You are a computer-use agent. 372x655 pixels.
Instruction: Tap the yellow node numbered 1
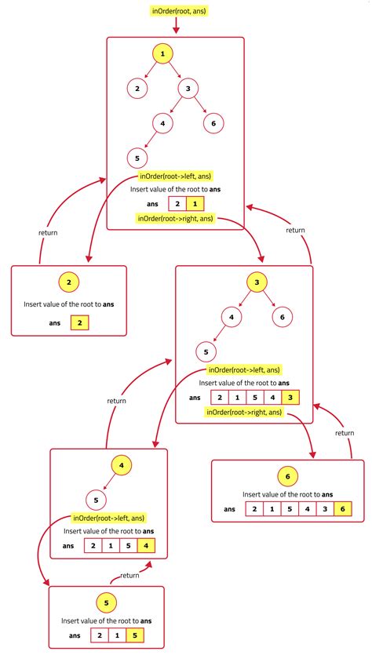162,54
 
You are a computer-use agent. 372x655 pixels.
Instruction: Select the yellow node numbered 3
255,283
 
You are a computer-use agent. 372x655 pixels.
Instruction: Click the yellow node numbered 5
106,602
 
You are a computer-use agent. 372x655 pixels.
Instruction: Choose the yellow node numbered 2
68,283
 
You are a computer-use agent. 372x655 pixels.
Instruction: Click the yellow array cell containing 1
196,204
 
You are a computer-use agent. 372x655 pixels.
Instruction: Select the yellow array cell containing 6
342,510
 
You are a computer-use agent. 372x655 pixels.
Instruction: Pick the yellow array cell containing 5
137,635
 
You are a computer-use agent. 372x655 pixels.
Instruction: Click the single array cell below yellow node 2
79,322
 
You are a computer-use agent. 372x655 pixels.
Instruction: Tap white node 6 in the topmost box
213,122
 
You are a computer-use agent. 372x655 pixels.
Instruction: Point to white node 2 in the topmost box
137,89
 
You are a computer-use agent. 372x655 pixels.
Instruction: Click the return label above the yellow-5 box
129,575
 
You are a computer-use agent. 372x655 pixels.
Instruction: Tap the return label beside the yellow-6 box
345,433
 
